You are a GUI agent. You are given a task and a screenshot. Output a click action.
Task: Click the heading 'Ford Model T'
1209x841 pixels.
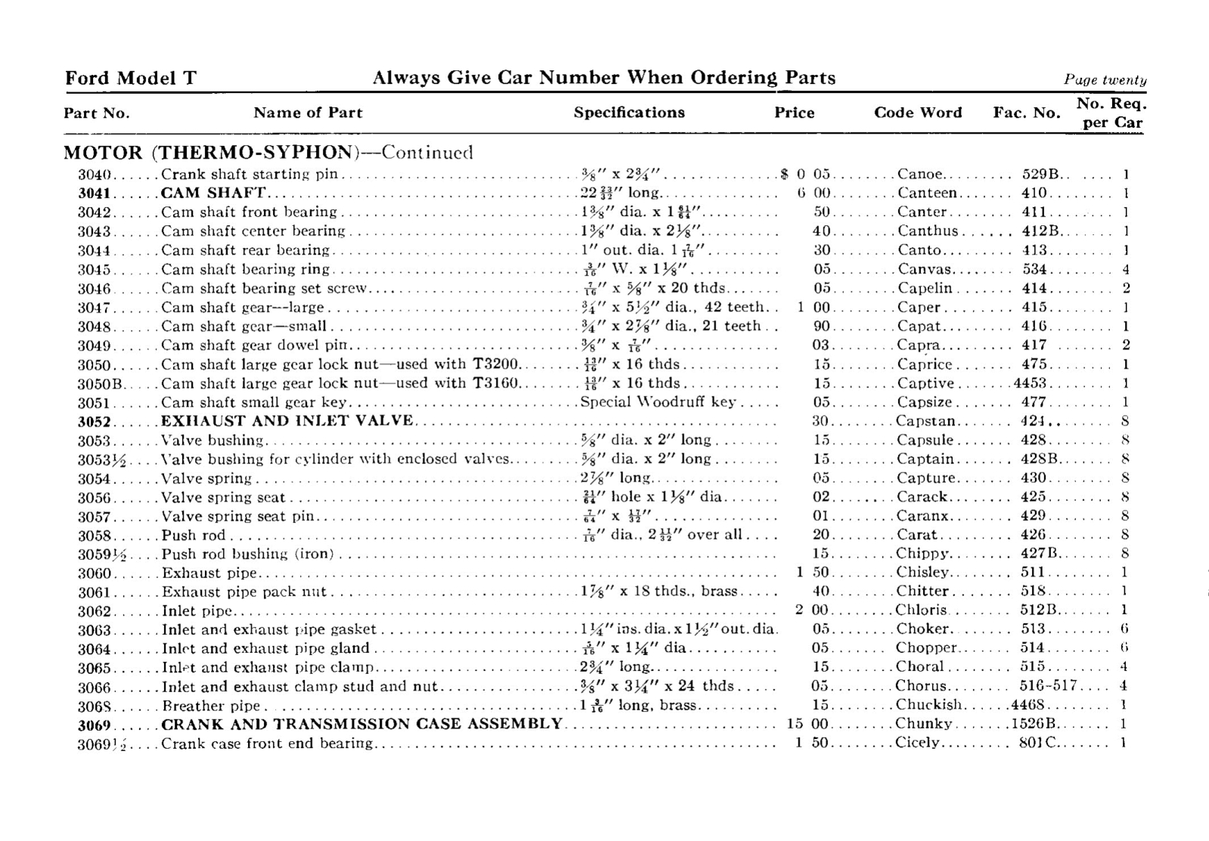[131, 78]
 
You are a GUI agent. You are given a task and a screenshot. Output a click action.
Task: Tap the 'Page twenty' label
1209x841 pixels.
[1105, 80]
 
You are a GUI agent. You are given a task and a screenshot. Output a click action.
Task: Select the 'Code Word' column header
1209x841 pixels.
[918, 113]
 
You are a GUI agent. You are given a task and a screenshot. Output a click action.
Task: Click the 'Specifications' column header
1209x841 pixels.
[629, 113]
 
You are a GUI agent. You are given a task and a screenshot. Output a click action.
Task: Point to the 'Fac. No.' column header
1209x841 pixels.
[1026, 113]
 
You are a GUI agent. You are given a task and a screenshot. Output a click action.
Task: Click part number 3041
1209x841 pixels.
[95, 193]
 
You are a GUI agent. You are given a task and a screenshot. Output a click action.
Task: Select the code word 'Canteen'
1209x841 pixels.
[927, 193]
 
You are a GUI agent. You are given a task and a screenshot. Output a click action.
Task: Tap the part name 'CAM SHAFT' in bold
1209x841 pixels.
[213, 193]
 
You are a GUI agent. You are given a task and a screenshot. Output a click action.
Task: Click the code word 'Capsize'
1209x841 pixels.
[925, 402]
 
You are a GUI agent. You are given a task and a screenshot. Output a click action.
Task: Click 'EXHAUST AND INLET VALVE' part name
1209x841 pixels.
[287, 421]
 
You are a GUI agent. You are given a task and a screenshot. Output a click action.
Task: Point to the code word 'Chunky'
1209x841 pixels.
[923, 724]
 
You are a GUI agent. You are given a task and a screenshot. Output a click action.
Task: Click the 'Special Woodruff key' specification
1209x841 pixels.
[658, 402]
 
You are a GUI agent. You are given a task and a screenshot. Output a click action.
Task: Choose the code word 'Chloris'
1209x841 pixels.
[921, 610]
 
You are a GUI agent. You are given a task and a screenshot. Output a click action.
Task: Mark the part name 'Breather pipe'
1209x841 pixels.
[212, 706]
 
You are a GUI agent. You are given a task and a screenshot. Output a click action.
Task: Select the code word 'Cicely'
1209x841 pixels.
[917, 743]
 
